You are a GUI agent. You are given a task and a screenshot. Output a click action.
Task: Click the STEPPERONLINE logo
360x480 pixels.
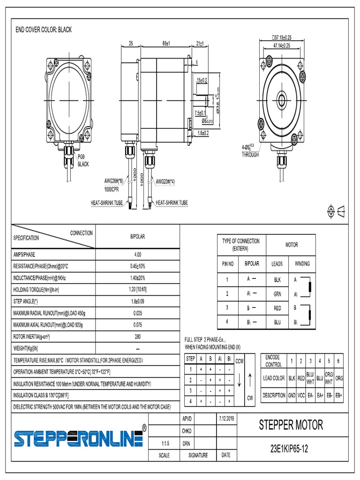pyautogui.click(x=78, y=438)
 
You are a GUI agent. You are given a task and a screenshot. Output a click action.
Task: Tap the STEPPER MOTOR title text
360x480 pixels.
pyautogui.click(x=291, y=425)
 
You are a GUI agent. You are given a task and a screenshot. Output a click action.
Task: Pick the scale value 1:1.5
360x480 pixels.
pyautogui.click(x=165, y=443)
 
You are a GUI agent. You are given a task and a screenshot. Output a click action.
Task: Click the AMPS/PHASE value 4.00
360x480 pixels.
pyautogui.click(x=137, y=255)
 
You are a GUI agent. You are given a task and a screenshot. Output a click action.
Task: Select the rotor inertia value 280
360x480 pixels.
pyautogui.click(x=137, y=337)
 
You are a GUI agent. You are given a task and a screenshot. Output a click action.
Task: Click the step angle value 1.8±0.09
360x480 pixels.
pyautogui.click(x=137, y=301)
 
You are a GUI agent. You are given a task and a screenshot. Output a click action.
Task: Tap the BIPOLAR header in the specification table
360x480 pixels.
pyautogui.click(x=137, y=237)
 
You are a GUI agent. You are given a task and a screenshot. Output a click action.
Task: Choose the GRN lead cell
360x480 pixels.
pyautogui.click(x=277, y=294)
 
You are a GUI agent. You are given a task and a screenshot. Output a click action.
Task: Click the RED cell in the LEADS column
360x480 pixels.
pyautogui.click(x=277, y=308)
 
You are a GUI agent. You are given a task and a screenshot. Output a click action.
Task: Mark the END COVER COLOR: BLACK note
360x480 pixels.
pyautogui.click(x=44, y=30)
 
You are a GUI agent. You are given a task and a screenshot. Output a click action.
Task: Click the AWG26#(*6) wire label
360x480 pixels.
pyautogui.click(x=114, y=181)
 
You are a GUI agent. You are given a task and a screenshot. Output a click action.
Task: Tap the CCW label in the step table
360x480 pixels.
pyautogui.click(x=239, y=361)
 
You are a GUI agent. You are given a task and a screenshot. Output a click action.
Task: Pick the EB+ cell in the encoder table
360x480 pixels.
pyautogui.click(x=339, y=395)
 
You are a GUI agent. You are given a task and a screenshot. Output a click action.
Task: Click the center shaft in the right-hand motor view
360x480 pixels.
pyautogui.click(x=282, y=99)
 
